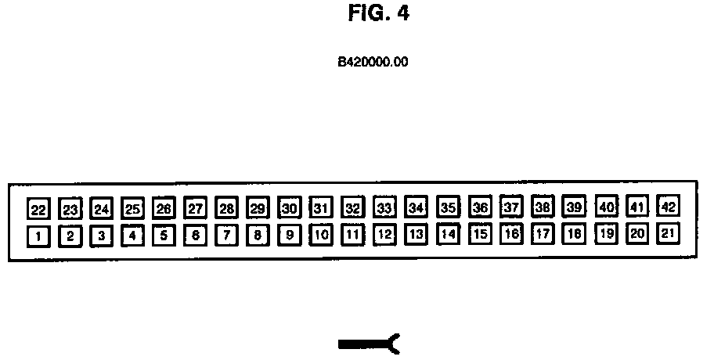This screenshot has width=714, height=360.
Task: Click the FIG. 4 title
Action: coord(378,13)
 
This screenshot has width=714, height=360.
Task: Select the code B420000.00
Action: coord(373,61)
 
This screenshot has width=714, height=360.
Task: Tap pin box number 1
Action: coord(38,235)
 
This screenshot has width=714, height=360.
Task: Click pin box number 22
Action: coord(38,210)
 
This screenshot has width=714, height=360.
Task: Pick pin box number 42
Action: coord(669,207)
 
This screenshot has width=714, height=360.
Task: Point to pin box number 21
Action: coord(669,232)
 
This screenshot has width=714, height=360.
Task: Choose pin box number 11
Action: coord(353,234)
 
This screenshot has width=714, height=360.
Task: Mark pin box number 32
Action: coord(353,208)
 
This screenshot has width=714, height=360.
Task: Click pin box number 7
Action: coord(227,235)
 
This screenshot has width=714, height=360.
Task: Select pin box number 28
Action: coord(227,209)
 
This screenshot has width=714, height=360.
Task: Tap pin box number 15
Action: coord(480,233)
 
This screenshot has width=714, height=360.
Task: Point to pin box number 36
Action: coord(480,208)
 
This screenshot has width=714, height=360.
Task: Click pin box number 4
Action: coord(132,235)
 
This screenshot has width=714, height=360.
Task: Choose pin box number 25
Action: coord(132,209)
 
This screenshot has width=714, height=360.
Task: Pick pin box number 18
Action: coord(575,233)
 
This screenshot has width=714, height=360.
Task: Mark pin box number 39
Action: coord(575,207)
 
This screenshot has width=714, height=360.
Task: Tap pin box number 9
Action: coord(290,234)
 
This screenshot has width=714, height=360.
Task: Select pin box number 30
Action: coord(290,208)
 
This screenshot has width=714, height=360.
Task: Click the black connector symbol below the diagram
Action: coord(369,342)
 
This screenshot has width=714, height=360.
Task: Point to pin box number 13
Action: coord(416,234)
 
